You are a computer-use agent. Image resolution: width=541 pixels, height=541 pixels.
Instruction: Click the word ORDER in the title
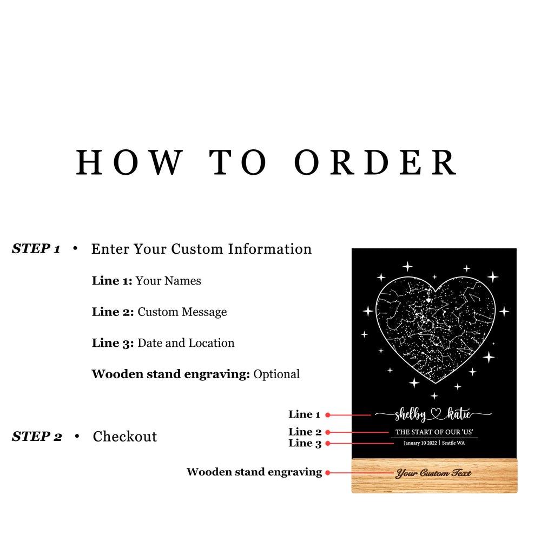[376, 162]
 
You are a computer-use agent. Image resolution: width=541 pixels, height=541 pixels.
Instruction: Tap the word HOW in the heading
[129, 162]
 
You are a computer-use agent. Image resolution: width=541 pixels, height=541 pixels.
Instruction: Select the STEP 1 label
[36, 248]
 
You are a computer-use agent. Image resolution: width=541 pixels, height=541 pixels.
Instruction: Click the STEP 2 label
[37, 437]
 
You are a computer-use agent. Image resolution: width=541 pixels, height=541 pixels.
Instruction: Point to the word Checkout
[125, 437]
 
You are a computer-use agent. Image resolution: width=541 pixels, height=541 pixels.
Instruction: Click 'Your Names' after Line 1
[168, 281]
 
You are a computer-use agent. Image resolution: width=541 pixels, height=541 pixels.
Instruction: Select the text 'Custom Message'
[182, 312]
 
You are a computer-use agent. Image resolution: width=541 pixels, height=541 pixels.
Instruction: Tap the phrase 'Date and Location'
[186, 343]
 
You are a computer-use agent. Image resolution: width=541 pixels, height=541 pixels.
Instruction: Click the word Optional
[276, 374]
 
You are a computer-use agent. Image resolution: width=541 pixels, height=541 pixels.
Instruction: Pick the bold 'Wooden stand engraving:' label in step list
[171, 374]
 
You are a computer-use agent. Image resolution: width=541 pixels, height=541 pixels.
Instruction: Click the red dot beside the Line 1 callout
[328, 415]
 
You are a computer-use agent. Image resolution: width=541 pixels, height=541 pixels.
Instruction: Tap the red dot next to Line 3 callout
[328, 444]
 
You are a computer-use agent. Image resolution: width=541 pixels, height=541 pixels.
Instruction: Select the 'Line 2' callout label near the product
[305, 432]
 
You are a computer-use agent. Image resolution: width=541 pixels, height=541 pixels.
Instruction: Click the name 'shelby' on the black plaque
[410, 414]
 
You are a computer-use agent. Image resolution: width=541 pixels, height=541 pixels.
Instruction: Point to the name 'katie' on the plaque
[459, 414]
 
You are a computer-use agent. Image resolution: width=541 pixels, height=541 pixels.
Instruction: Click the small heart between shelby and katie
[436, 414]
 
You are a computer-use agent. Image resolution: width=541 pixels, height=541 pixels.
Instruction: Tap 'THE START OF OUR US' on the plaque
[434, 432]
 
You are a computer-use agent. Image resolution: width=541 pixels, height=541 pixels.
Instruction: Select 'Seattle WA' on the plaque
[453, 443]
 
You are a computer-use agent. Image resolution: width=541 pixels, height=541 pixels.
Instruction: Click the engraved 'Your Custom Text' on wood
[434, 473]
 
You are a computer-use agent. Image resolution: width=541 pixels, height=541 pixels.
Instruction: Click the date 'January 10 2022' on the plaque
[420, 443]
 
